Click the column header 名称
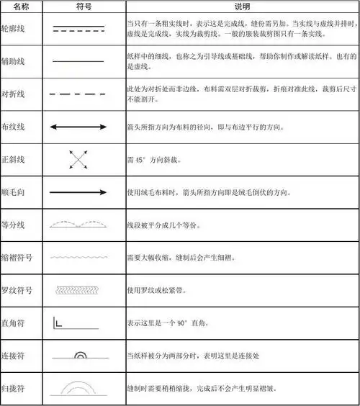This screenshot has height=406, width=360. (21, 6)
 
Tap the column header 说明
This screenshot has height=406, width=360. (240, 6)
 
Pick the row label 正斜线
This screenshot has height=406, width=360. (15, 159)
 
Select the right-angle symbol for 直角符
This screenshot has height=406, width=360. (59, 322)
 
